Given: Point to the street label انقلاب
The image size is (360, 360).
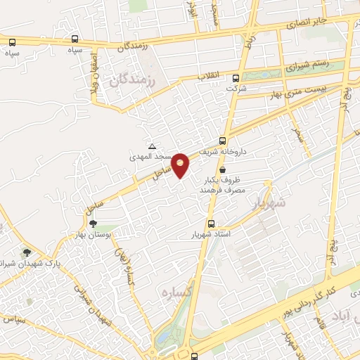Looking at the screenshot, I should tap(209, 75).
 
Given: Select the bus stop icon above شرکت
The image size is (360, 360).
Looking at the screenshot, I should tap(236, 79).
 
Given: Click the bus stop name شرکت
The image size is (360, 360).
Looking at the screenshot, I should tap(236, 89).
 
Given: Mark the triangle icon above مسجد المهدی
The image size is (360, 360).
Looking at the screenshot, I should tap(153, 146).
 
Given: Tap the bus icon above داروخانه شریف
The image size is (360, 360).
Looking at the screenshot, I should tap(223, 140).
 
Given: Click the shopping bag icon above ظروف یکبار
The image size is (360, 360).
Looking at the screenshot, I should tap(223, 169).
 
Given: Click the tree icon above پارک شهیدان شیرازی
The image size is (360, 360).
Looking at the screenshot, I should tap(27, 252).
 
